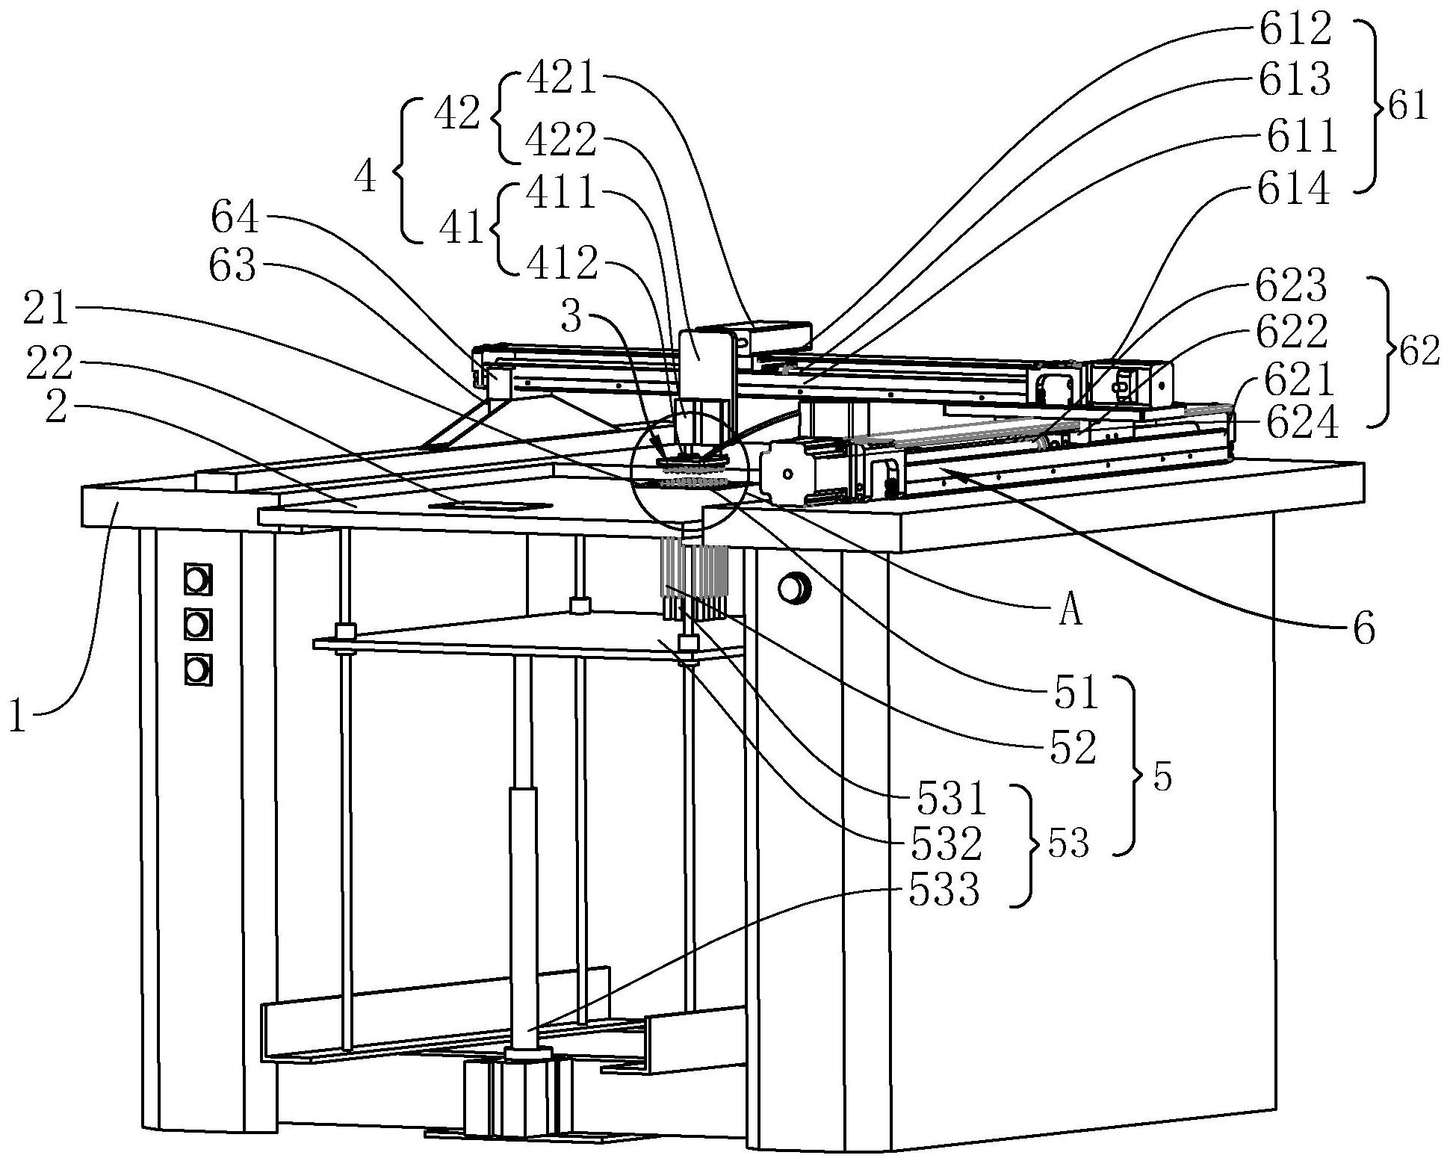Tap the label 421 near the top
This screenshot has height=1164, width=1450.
[562, 78]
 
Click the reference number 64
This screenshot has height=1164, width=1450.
[235, 220]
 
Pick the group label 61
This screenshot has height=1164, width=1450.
[1407, 108]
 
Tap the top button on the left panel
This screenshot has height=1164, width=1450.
[196, 579]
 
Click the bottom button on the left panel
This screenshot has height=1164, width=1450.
[196, 670]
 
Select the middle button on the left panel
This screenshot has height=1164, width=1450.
[196, 624]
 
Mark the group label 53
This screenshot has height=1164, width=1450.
[1068, 844]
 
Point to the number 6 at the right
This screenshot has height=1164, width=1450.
[1363, 630]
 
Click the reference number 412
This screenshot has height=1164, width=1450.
[562, 264]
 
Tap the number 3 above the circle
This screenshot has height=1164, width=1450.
[571, 318]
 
